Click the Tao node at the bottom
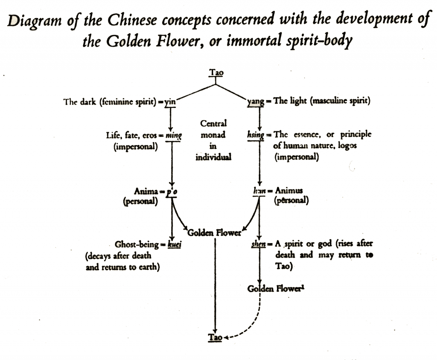(215, 337)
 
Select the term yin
(170, 102)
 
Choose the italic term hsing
(256, 135)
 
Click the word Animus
(290, 192)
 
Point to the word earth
(153, 267)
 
